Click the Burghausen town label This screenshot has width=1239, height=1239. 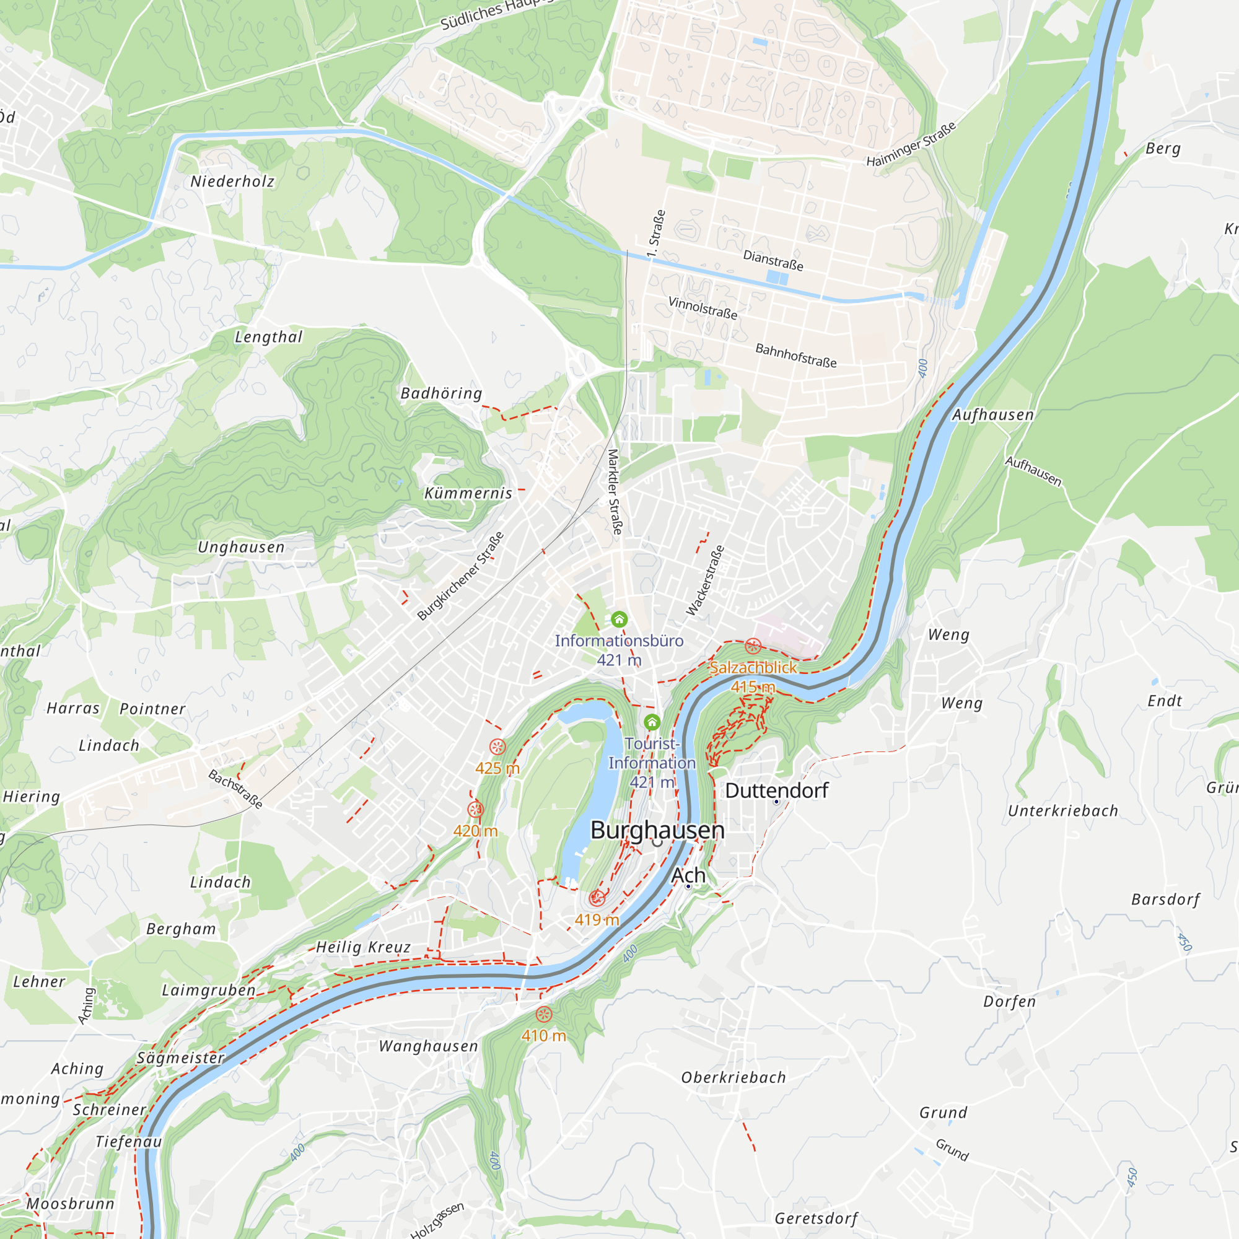(x=657, y=830)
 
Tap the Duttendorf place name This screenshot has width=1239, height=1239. (x=777, y=790)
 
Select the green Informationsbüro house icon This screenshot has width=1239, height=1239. (x=619, y=619)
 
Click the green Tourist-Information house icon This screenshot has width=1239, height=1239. (x=652, y=723)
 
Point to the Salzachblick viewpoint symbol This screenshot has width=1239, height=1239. (x=753, y=646)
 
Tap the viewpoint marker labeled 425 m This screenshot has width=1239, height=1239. (x=497, y=746)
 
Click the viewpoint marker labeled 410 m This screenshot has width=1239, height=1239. (x=544, y=1015)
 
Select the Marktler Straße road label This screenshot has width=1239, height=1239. (x=615, y=492)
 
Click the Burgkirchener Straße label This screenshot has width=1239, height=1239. (x=460, y=576)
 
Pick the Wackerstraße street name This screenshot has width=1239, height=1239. (x=706, y=580)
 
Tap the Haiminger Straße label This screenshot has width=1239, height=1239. (x=911, y=144)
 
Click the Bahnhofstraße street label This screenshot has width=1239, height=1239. (x=796, y=355)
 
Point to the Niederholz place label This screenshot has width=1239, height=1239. (x=232, y=182)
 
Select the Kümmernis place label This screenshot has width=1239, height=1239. (x=468, y=493)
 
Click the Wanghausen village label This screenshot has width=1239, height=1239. (x=429, y=1046)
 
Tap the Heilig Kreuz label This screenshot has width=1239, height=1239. (x=364, y=947)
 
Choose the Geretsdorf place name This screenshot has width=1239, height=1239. (x=816, y=1218)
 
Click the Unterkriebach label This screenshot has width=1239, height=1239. (x=1062, y=810)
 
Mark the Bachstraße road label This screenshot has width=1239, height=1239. (x=235, y=789)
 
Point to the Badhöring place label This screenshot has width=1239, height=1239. (x=441, y=393)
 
